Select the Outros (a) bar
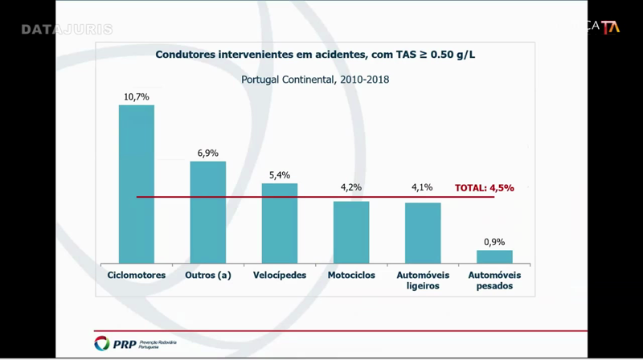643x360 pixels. [x=207, y=212]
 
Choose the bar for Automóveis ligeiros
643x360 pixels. [x=422, y=232]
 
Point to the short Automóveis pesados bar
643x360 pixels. [x=494, y=256]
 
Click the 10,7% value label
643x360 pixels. [x=137, y=96]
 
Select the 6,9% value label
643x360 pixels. [x=207, y=153]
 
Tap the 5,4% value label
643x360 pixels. [x=279, y=174]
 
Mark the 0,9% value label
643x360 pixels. [x=494, y=241]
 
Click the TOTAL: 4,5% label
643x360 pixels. [x=484, y=188]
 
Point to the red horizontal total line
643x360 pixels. [x=313, y=197]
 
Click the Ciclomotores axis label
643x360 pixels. [x=137, y=275]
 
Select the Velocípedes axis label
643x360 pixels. [x=279, y=275]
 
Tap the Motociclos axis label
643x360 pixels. [x=351, y=275]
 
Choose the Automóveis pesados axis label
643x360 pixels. [x=494, y=280]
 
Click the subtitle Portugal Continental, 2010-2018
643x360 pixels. [x=315, y=80]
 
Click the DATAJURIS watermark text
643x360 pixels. [x=67, y=30]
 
